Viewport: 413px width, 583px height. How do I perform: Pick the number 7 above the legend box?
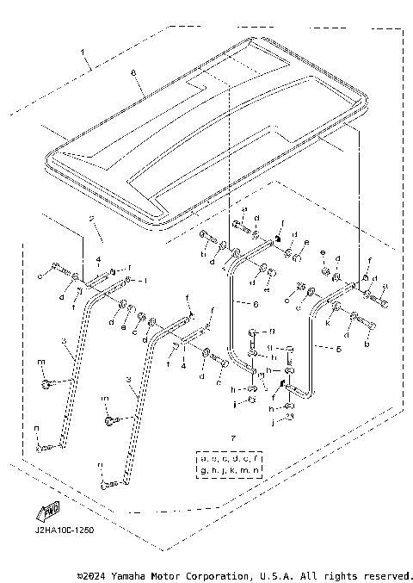232,439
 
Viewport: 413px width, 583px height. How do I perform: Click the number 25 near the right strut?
300,287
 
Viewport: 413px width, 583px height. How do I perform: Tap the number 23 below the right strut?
290,416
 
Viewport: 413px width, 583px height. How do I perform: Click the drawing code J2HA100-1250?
59,530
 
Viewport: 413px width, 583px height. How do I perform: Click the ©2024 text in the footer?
92,574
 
